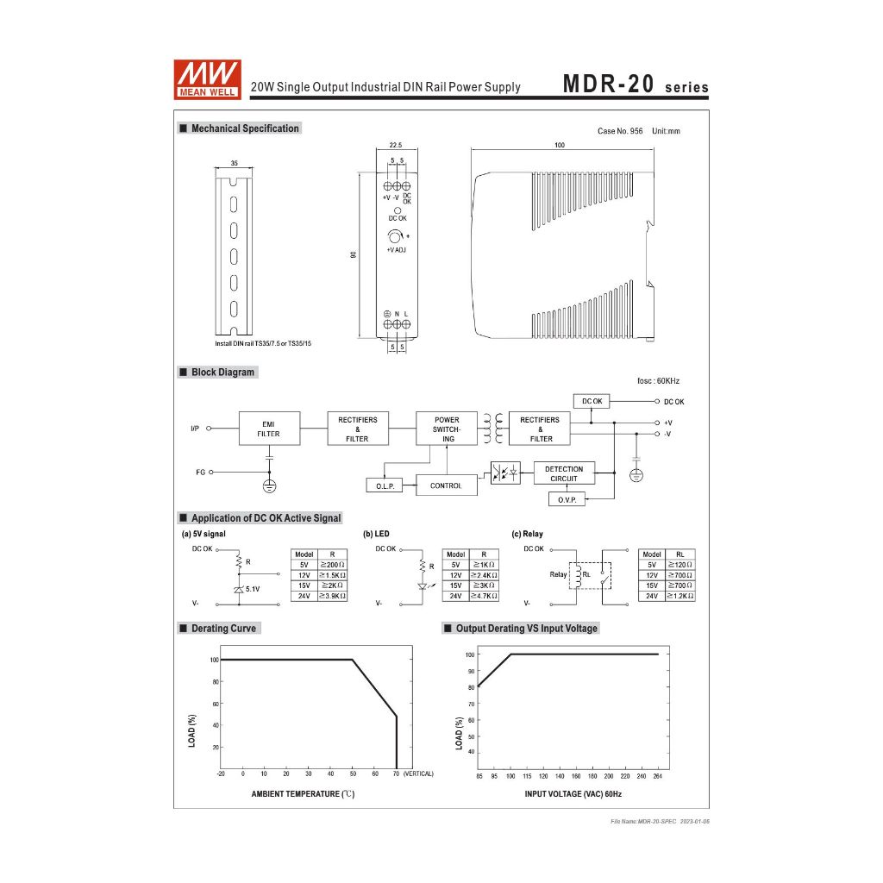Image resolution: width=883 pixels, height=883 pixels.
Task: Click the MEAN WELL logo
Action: coord(207,79)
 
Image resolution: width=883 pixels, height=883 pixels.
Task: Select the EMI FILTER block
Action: coord(269,429)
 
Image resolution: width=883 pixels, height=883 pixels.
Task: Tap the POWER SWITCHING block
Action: coord(447,429)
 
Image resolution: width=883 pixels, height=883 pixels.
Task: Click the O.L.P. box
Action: coord(385,485)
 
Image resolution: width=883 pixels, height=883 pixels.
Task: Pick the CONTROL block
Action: coord(447,485)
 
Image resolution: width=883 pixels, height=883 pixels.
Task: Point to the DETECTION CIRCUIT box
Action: coord(564,473)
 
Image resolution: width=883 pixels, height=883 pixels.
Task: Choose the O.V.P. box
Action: coord(567,499)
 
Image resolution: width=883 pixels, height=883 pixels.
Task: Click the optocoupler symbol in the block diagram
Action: coord(505,473)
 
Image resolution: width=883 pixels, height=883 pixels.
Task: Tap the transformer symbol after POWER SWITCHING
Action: coord(492,429)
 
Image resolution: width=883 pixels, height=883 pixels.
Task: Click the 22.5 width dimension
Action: coord(396,145)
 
